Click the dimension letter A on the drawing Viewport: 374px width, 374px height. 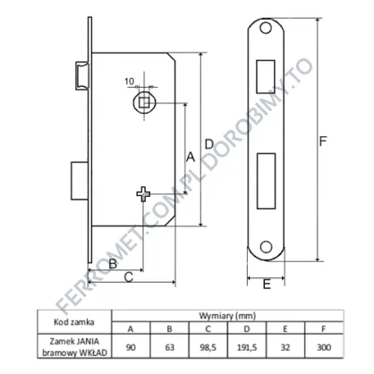point(191,157)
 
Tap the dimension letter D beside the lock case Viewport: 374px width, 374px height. point(209,144)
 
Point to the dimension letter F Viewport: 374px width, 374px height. point(323,141)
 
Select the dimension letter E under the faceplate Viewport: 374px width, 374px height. point(267,285)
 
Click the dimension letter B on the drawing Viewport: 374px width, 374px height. point(113,264)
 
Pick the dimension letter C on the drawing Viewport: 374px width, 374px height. point(128,277)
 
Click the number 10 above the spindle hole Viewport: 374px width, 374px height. point(129,81)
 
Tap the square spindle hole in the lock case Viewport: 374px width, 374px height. point(144,102)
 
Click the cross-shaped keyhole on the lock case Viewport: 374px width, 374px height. point(143,194)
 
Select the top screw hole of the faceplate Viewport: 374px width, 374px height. point(266,28)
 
